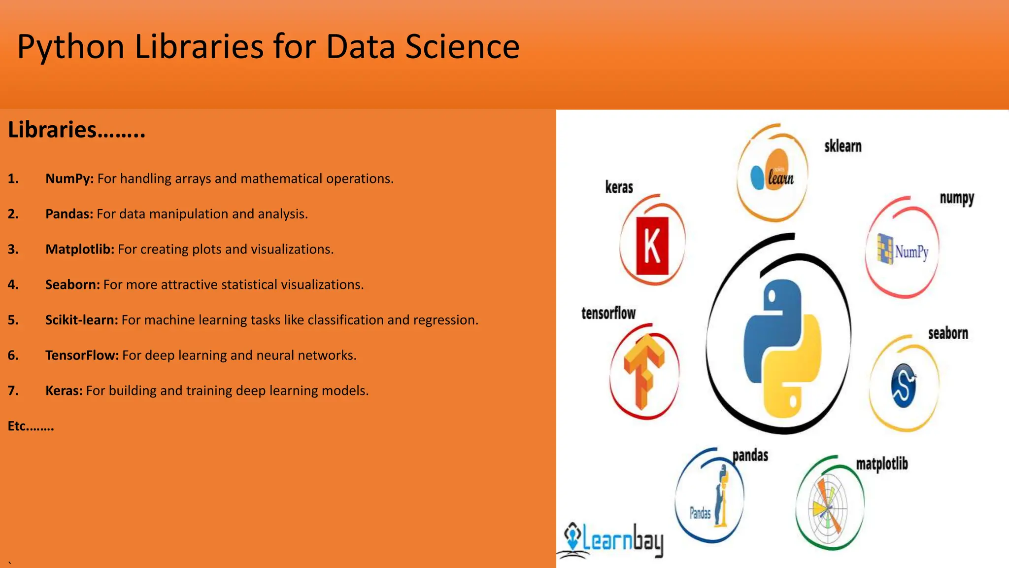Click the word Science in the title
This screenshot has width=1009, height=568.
(x=462, y=47)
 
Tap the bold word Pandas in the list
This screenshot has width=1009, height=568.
(x=69, y=214)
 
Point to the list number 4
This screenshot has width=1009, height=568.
(x=13, y=285)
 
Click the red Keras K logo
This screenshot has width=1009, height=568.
(x=652, y=246)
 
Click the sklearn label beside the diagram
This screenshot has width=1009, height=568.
(x=842, y=146)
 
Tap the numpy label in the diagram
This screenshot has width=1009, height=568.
(x=957, y=199)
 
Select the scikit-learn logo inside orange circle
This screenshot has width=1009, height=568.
(x=772, y=171)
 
